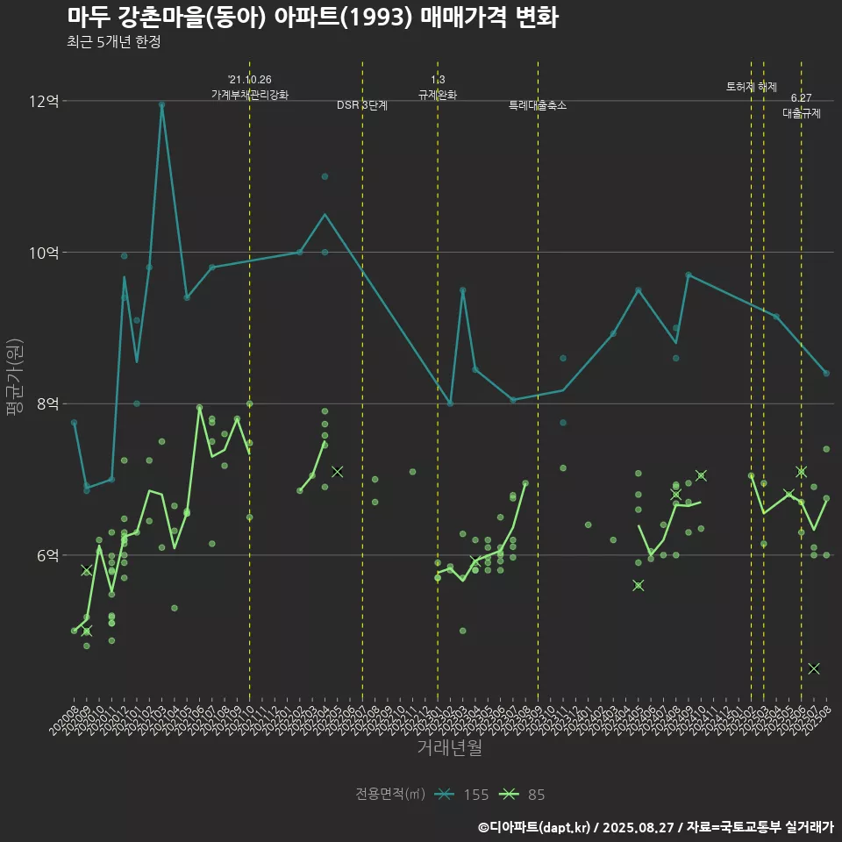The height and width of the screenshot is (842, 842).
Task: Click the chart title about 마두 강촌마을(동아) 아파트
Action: coord(312,18)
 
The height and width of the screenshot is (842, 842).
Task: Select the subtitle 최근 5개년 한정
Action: coord(113,42)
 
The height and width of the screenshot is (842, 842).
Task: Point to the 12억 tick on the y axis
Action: coord(44,102)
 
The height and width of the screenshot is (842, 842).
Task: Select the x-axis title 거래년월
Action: coord(449,748)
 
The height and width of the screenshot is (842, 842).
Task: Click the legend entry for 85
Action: coord(523,795)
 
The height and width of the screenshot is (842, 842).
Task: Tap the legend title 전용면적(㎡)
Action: coord(390,795)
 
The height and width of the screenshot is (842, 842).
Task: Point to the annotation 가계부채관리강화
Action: coord(249,94)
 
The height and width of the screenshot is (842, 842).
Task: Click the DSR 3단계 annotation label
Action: coord(362,105)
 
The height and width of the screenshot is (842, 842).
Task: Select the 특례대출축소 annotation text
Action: coord(538,105)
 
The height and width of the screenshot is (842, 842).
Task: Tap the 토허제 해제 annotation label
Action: coord(752,87)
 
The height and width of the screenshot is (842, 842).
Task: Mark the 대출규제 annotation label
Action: coord(802,113)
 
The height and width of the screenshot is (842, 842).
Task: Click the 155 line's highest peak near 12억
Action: coord(161,104)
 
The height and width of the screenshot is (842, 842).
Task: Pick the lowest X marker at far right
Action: coord(814,668)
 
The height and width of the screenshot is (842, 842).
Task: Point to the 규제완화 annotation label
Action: coord(438,94)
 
